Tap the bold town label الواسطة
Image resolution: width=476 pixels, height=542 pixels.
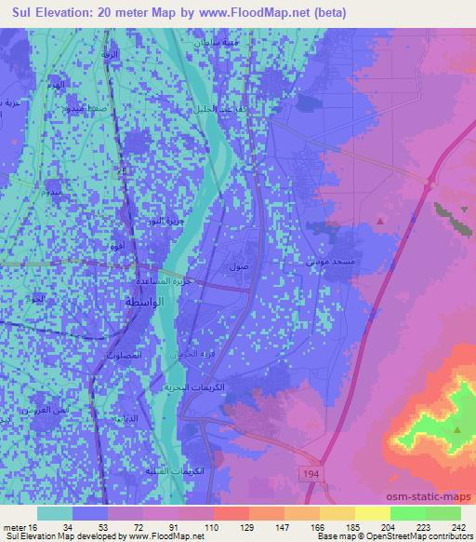[x=141, y=305]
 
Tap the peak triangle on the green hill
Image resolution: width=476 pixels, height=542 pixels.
[x=458, y=429]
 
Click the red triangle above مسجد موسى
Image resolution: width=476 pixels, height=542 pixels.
[x=381, y=221]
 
